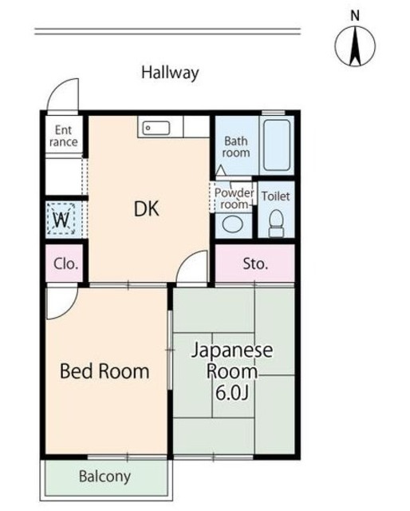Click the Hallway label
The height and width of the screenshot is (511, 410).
[x=170, y=73]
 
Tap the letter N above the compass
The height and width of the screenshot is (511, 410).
[x=355, y=16]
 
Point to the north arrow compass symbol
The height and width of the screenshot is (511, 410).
[x=355, y=46]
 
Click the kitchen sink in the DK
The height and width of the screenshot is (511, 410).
[x=156, y=128]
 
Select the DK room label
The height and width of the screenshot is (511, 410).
[x=147, y=209]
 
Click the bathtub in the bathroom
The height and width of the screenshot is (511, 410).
[x=277, y=145]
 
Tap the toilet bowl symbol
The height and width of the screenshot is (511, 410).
[x=277, y=224]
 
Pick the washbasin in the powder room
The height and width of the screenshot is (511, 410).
[x=233, y=225]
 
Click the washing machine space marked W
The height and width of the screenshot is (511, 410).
[x=61, y=218]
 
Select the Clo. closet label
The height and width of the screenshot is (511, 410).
[x=66, y=263]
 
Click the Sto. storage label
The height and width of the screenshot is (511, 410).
[x=255, y=263]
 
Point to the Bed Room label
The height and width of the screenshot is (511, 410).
[x=104, y=371]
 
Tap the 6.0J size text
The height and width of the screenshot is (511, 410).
[x=232, y=394]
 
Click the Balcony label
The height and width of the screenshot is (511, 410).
[x=104, y=477]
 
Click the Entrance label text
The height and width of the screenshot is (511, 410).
[x=64, y=136]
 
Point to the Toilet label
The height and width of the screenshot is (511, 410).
[x=275, y=196]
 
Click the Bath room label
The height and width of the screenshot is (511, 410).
[x=236, y=147]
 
